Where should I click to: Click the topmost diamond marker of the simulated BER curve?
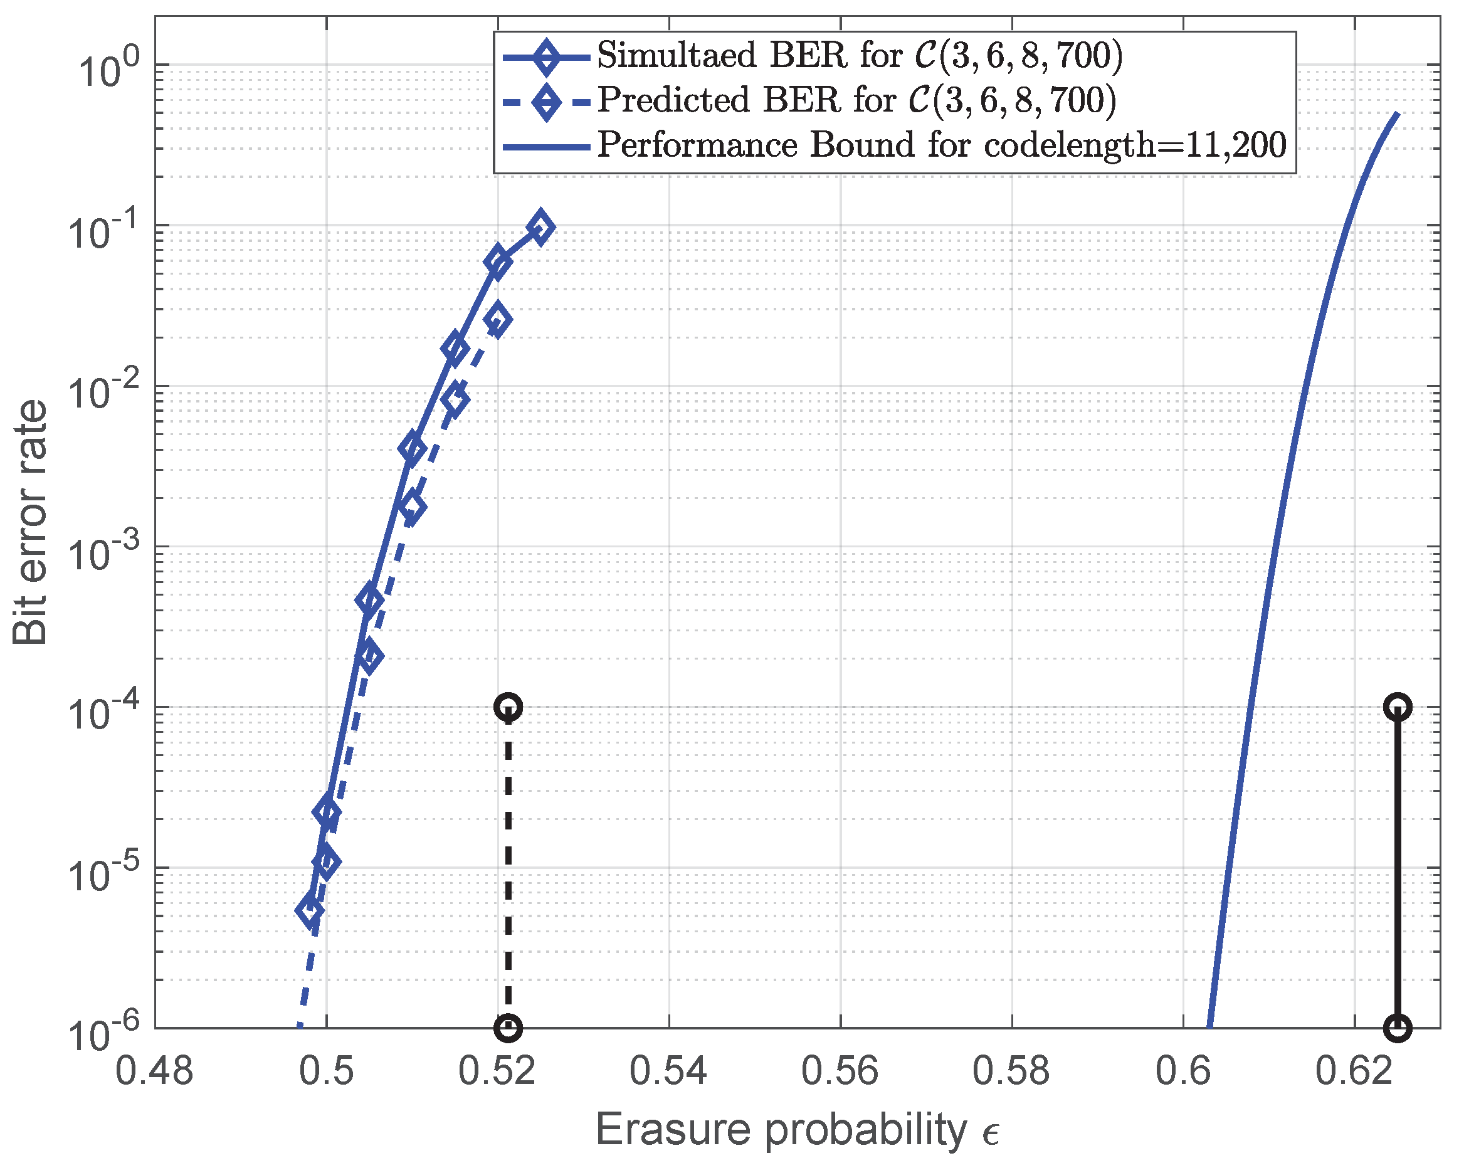pyautogui.click(x=540, y=227)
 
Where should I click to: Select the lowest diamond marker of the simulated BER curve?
pyautogui.click(x=310, y=910)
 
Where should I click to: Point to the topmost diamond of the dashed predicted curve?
pyautogui.click(x=498, y=319)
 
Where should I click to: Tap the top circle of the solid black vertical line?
pyautogui.click(x=1398, y=708)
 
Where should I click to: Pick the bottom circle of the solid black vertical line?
pyautogui.click(x=1398, y=1028)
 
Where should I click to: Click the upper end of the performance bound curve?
pyautogui.click(x=1397, y=114)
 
